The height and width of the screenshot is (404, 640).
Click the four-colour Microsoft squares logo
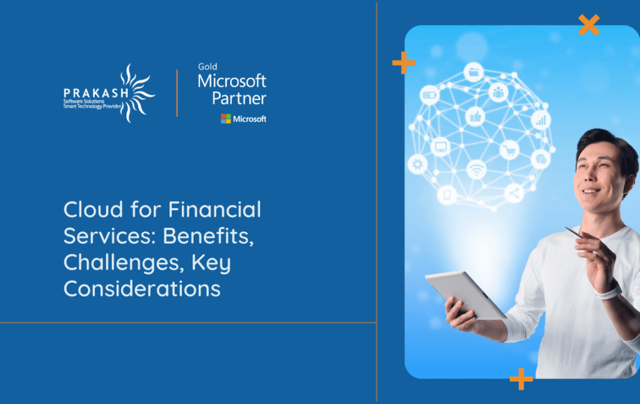pyautogui.click(x=226, y=119)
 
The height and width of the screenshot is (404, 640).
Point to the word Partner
pyautogui.click(x=239, y=98)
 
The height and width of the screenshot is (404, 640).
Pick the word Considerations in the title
pyautogui.click(x=142, y=289)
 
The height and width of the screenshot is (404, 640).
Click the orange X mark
pyautogui.click(x=588, y=24)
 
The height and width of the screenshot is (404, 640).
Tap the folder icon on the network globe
pyautogui.click(x=474, y=72)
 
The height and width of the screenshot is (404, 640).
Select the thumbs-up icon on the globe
pyautogui.click(x=475, y=117)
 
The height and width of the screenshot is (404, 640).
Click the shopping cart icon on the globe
pyautogui.click(x=509, y=150)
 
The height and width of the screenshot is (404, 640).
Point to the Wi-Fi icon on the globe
pyautogui.click(x=476, y=169)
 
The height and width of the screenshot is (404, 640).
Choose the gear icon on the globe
pyautogui.click(x=417, y=165)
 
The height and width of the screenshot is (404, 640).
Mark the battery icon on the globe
pyautogui.click(x=430, y=95)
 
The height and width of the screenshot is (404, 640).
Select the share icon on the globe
pyautogui.click(x=514, y=193)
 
